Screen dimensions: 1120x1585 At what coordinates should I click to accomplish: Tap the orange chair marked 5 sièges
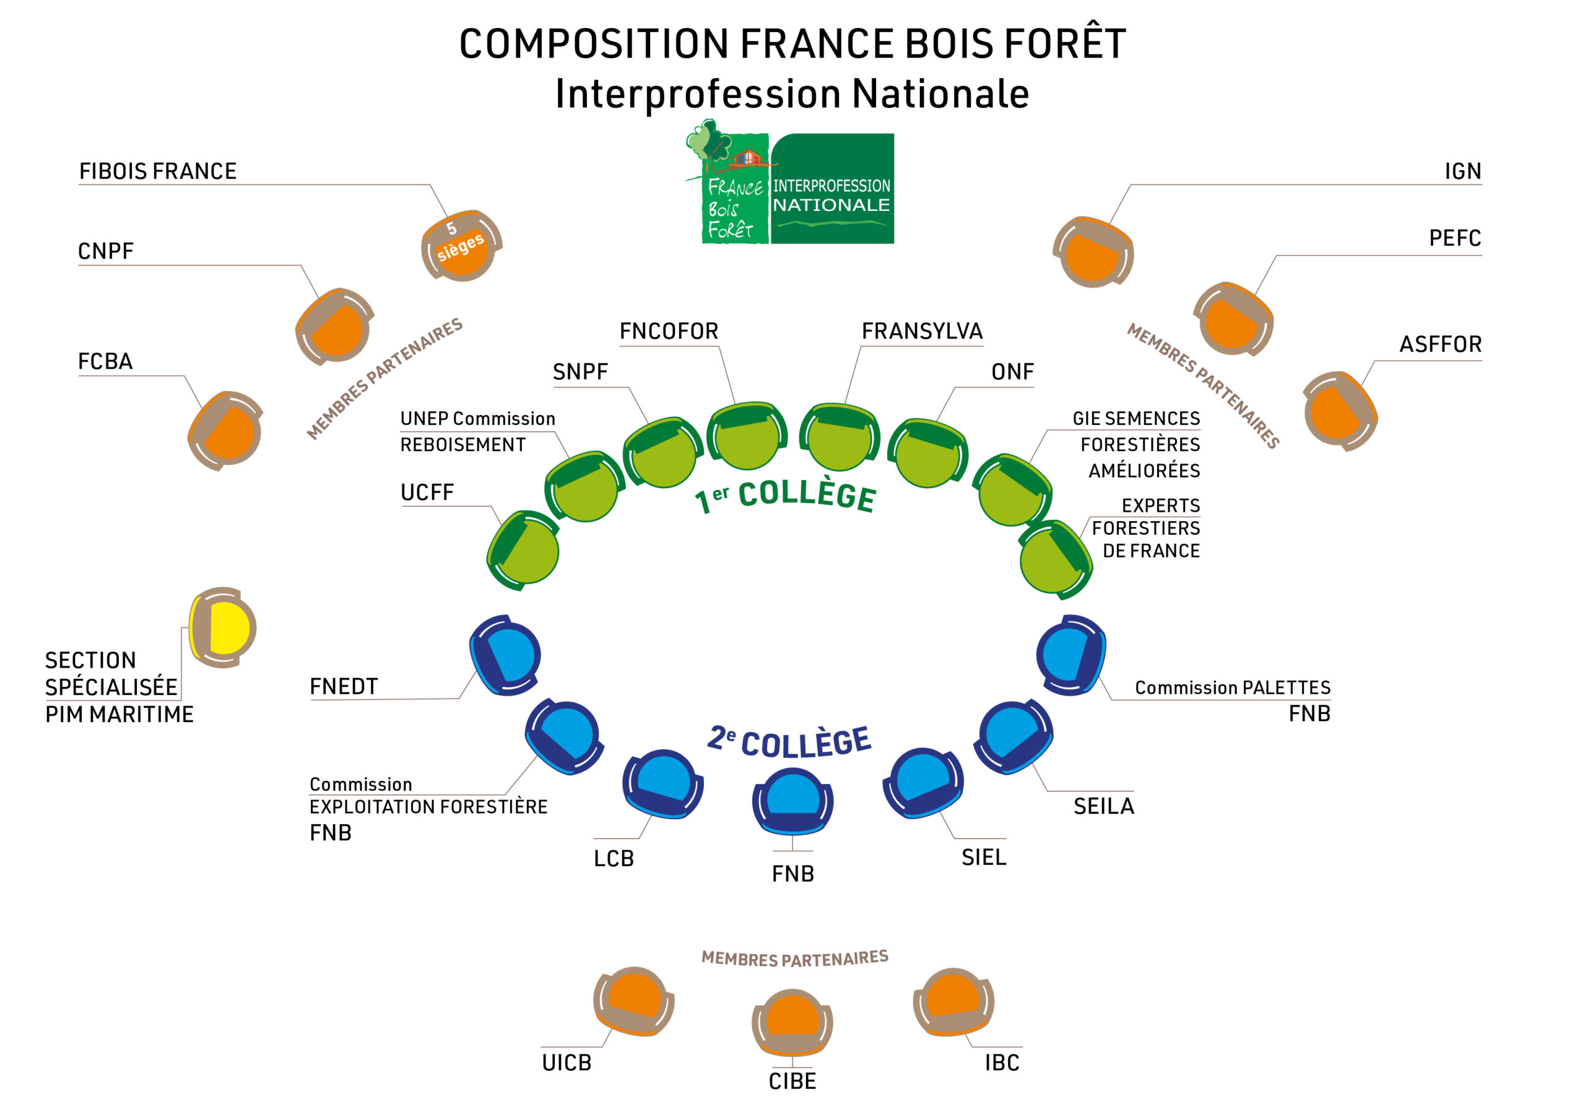coord(461,246)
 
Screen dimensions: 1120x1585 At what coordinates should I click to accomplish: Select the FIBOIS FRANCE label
coord(157,171)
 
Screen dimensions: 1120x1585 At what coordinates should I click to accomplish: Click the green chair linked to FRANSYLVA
coord(840,438)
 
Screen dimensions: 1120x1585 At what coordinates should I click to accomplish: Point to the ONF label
coord(1012,372)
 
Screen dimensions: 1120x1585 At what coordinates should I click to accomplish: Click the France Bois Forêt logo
coord(791,184)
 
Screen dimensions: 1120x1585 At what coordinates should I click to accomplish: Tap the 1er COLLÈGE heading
coord(786,496)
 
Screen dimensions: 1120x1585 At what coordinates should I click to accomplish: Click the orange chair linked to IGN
coord(1093,252)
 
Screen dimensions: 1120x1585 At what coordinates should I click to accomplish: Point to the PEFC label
coord(1454,238)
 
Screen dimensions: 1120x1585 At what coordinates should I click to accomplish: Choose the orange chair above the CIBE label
coord(792,1022)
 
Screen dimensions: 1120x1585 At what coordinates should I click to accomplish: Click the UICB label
coord(567,1062)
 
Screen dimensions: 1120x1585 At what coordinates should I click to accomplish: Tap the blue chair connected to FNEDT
coord(506,655)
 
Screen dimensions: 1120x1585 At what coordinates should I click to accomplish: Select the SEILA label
coord(1103,806)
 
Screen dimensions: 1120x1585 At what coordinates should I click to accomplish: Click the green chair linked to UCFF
coord(524,550)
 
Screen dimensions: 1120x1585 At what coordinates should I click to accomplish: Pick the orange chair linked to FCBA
coord(225,431)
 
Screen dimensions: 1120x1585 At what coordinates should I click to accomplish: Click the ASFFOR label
coord(1440,344)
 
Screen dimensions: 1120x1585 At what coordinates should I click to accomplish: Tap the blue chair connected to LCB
coord(662,785)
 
